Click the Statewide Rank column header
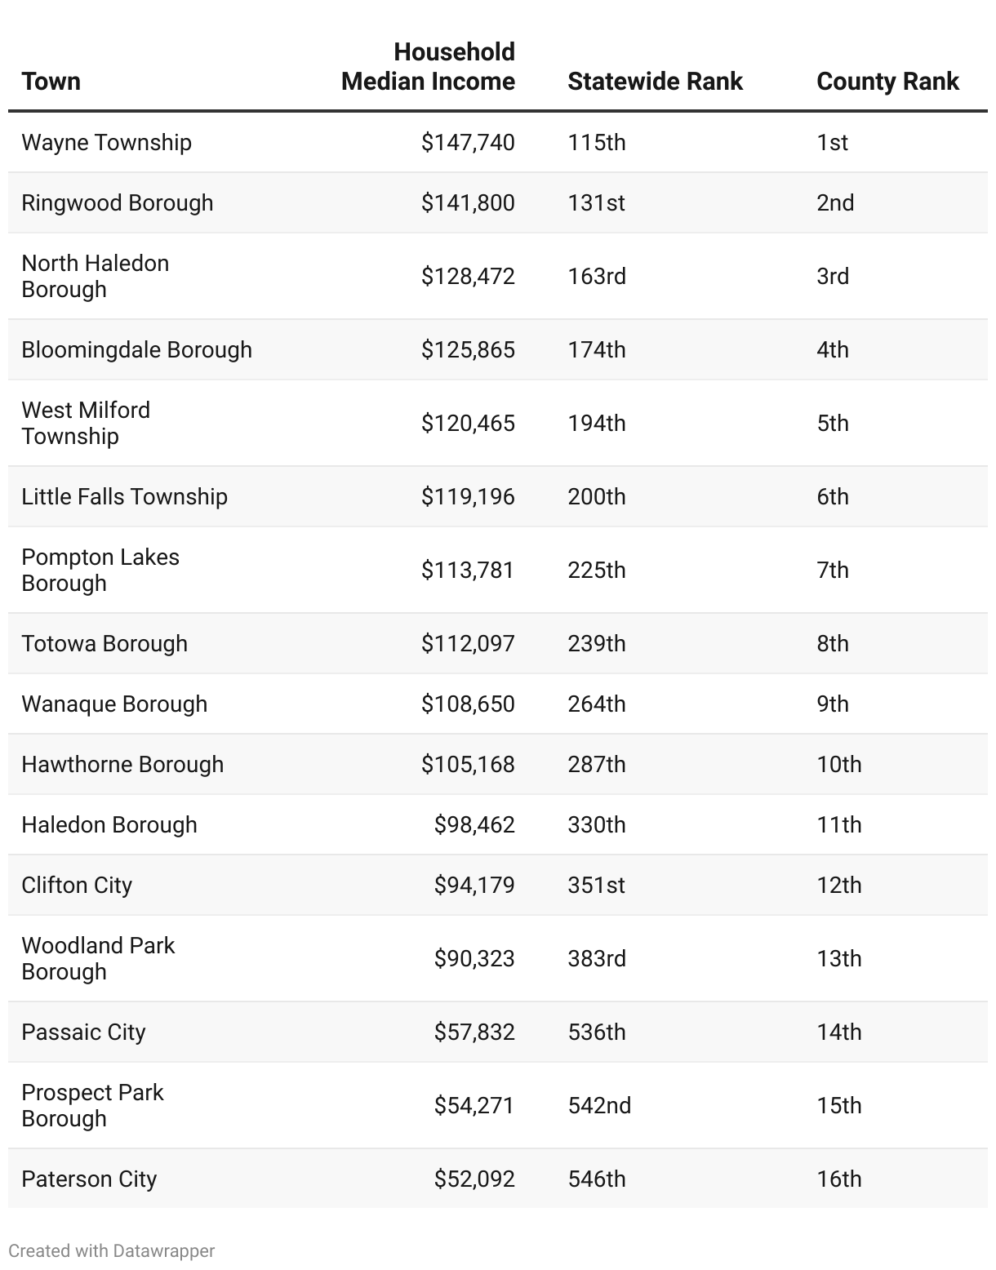point(655,82)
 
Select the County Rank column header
point(887,82)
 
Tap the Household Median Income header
point(429,67)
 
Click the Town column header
point(51,82)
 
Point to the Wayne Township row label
point(106,142)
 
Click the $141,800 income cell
point(468,202)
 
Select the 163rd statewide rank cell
point(597,276)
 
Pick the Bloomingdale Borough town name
point(136,349)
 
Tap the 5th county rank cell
point(833,423)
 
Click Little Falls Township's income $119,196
point(468,496)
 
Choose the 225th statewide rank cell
point(597,570)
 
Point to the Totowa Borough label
point(104,643)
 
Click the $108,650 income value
point(468,704)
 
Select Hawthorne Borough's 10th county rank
point(839,764)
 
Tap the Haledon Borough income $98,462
point(474,824)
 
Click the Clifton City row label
point(77,885)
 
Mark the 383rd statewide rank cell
point(597,958)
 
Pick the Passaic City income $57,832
point(474,1032)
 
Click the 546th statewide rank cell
point(597,1179)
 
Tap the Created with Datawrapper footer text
point(112,1250)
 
